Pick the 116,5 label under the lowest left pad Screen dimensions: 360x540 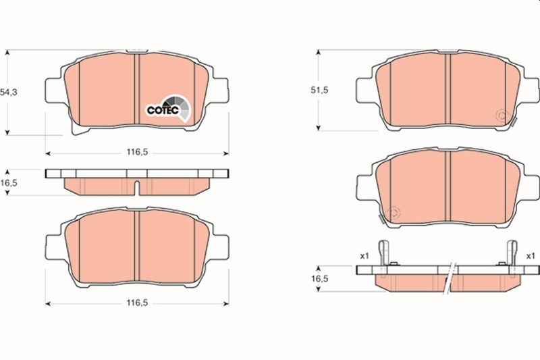pyautogui.click(x=137, y=304)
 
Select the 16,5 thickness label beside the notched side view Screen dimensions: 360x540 pyautogui.click(x=8, y=183)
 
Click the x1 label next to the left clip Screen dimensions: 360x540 pyautogui.click(x=364, y=256)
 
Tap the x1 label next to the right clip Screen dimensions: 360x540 pyautogui.click(x=530, y=256)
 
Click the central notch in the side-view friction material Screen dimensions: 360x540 pyautogui.click(x=137, y=188)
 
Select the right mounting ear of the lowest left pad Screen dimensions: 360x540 pyautogui.click(x=221, y=241)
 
